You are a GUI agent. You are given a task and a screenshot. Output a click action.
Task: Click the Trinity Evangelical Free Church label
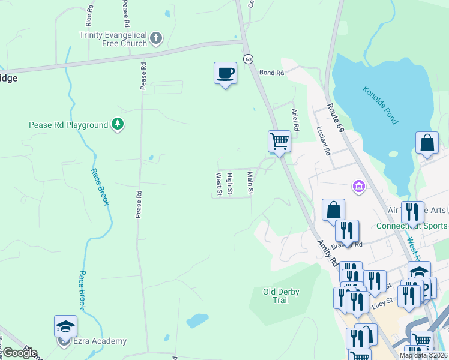pos(113,39)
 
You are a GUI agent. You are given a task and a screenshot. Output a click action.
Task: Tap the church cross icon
pos(156,39)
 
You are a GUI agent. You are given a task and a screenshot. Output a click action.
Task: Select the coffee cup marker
pos(225,73)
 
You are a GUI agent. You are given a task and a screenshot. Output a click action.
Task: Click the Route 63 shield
pos(247,58)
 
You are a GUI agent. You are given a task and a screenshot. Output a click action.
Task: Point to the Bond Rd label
pos(271,73)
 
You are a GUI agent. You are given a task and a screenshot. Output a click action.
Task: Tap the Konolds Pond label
pos(380,105)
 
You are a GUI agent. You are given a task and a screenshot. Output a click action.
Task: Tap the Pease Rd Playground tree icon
pos(118,125)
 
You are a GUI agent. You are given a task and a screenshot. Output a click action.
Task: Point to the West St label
pos(218,184)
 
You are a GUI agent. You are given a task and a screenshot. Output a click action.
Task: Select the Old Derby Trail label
pos(281,296)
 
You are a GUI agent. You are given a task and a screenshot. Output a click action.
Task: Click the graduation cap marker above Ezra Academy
pos(65,326)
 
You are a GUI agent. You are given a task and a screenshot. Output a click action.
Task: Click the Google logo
pos(20,353)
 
